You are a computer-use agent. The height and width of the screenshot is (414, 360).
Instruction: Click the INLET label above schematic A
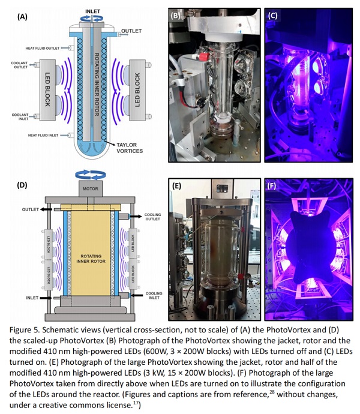[x=92, y=11]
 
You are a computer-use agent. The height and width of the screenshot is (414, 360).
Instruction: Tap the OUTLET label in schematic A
[x=131, y=31]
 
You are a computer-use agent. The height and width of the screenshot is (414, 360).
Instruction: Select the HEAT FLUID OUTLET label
[x=43, y=49]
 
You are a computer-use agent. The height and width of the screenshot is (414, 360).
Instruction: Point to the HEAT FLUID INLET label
[x=43, y=135]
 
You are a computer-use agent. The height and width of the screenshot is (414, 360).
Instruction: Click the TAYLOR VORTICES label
[x=130, y=148]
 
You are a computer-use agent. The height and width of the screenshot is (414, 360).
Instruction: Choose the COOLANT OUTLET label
[x=19, y=65]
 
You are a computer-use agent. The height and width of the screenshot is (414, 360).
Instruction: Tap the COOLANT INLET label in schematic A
[x=20, y=117]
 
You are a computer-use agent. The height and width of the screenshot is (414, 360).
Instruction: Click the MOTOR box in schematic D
[x=91, y=189]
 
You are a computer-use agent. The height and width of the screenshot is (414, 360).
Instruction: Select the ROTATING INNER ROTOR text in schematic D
[x=91, y=259]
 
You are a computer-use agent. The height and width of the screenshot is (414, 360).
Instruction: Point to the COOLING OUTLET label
[x=152, y=217]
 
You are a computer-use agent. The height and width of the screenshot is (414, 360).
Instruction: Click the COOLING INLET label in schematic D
[x=154, y=295]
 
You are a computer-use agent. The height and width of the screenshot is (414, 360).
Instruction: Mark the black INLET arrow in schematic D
[x=46, y=298]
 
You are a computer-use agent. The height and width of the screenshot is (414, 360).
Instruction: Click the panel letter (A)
[x=22, y=17]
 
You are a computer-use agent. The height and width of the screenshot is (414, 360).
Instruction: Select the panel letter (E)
[x=176, y=186]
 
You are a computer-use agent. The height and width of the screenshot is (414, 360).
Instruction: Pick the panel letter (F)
[x=272, y=186]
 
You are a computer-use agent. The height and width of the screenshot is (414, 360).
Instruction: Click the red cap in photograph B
[x=203, y=56]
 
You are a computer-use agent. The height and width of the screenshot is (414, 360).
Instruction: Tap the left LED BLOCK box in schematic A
[x=47, y=90]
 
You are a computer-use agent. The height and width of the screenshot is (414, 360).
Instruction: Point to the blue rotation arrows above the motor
[x=91, y=175]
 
